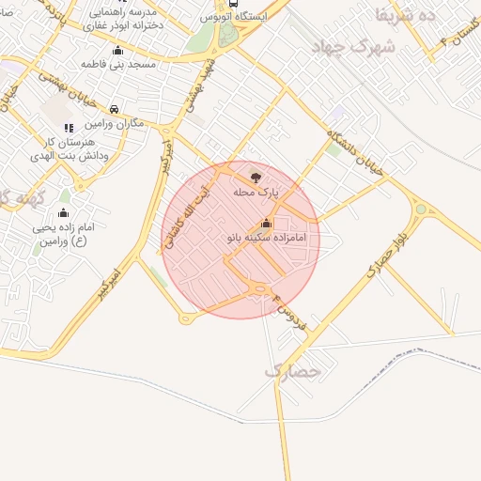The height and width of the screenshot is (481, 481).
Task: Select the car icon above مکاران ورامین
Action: (114, 108)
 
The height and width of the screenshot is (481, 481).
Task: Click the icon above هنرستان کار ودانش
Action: (68, 127)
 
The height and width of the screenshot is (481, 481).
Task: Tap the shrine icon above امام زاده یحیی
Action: (63, 212)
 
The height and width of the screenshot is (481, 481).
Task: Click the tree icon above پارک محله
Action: (255, 176)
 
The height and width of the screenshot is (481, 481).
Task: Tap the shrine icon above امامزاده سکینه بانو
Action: (266, 224)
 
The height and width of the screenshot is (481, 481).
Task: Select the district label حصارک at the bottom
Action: (292, 371)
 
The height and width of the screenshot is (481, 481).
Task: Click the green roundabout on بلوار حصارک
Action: (421, 209)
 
